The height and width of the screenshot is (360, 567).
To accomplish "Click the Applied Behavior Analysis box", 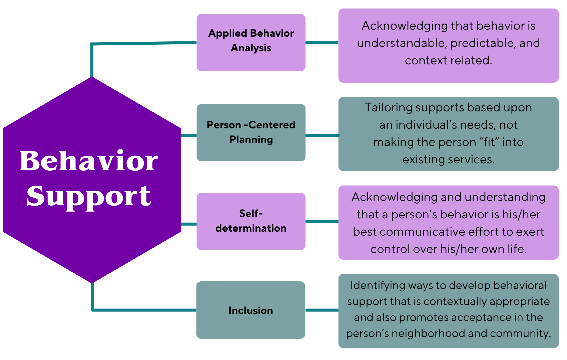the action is pyautogui.click(x=251, y=43).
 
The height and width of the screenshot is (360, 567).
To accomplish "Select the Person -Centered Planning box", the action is pyautogui.click(x=251, y=133).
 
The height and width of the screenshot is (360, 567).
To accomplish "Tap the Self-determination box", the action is pyautogui.click(x=251, y=221).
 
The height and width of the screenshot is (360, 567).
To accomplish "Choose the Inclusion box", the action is pyautogui.click(x=250, y=310).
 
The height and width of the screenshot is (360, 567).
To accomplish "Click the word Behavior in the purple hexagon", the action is pyautogui.click(x=89, y=161).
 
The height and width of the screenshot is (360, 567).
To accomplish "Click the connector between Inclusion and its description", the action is pyautogui.click(x=322, y=310).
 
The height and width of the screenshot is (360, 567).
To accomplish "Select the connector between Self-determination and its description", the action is pyautogui.click(x=322, y=221).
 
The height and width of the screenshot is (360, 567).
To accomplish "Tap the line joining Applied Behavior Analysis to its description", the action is pyautogui.click(x=322, y=43).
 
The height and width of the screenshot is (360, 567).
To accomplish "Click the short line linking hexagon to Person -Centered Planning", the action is pyautogui.click(x=188, y=136).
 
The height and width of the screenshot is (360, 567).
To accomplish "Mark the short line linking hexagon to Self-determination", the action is pyautogui.click(x=188, y=224).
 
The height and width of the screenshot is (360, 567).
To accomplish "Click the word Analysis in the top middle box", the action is pyautogui.click(x=251, y=48).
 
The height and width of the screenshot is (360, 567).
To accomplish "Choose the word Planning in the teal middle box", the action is pyautogui.click(x=251, y=140).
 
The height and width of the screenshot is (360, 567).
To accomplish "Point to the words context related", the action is pyautogui.click(x=448, y=60).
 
